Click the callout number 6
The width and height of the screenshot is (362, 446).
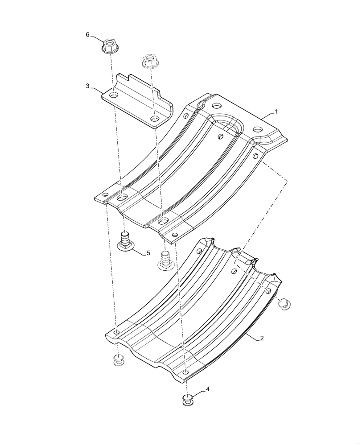click(88, 34)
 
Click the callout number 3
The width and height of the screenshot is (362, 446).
click(88, 85)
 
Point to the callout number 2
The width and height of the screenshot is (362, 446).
click(262, 338)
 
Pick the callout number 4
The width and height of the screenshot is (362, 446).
click(207, 389)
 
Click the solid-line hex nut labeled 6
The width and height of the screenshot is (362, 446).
click(108, 45)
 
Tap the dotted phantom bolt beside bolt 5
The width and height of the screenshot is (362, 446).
click(165, 261)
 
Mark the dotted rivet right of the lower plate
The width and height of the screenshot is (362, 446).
click(284, 304)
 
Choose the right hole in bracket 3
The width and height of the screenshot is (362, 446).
click(155, 119)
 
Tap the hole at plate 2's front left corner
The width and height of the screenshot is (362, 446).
click(116, 333)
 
